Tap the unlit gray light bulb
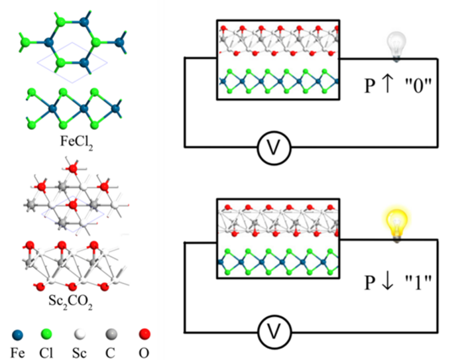(x=397, y=46)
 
